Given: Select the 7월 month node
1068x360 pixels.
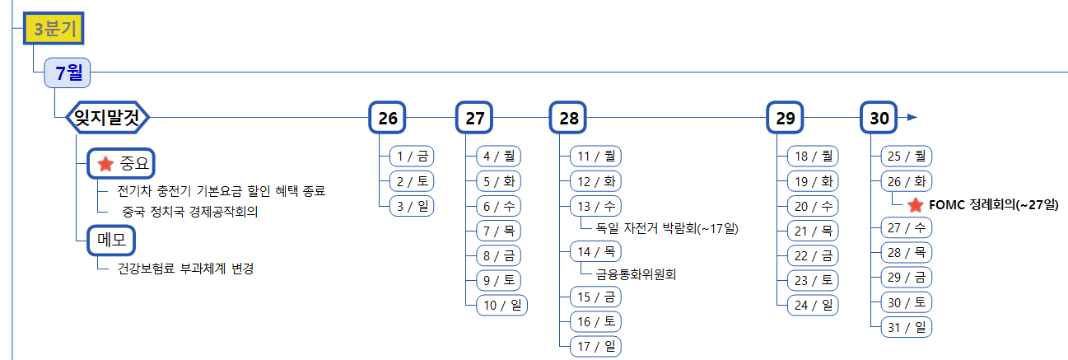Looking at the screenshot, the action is (68, 73).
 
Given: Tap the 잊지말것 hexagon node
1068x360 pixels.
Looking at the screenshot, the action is (106, 118).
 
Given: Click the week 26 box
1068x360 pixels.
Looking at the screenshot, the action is (388, 118).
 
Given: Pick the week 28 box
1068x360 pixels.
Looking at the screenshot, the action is (569, 118).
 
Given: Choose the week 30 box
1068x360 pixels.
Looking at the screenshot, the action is (879, 118).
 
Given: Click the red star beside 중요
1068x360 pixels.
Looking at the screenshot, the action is (105, 164).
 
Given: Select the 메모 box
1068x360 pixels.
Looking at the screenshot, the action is (111, 241).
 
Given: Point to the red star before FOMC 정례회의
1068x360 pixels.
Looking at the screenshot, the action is (915, 204).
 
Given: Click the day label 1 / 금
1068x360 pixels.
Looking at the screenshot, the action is (412, 156).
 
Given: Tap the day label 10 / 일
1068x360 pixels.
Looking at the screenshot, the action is (501, 305).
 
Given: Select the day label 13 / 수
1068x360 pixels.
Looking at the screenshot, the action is (595, 205).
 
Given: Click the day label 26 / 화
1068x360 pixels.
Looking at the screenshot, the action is (906, 181).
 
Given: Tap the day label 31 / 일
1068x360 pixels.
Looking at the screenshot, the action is (906, 327).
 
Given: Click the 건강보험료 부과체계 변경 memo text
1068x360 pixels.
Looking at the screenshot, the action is (185, 269).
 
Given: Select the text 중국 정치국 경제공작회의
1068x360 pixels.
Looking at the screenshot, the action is (190, 213).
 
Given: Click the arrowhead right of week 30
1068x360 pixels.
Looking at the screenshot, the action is (911, 118).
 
